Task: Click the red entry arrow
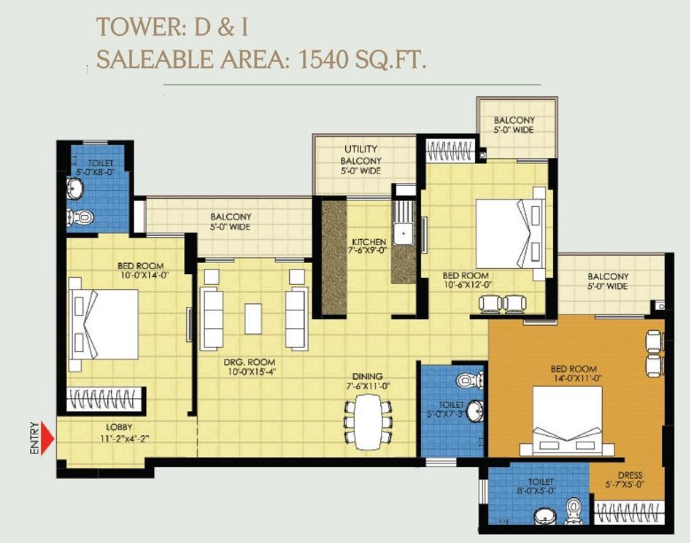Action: click(47, 439)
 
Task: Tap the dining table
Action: click(368, 421)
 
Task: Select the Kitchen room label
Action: click(369, 241)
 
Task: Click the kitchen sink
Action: click(403, 234)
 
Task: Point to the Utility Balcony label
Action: click(361, 160)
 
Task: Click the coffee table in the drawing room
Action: click(253, 318)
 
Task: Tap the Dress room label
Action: click(630, 475)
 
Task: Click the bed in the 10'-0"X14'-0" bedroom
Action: click(104, 324)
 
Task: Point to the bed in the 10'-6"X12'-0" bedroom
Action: click(512, 234)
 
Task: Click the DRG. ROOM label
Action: click(250, 362)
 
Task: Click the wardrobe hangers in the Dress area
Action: click(628, 512)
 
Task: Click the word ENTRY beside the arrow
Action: click(34, 438)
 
